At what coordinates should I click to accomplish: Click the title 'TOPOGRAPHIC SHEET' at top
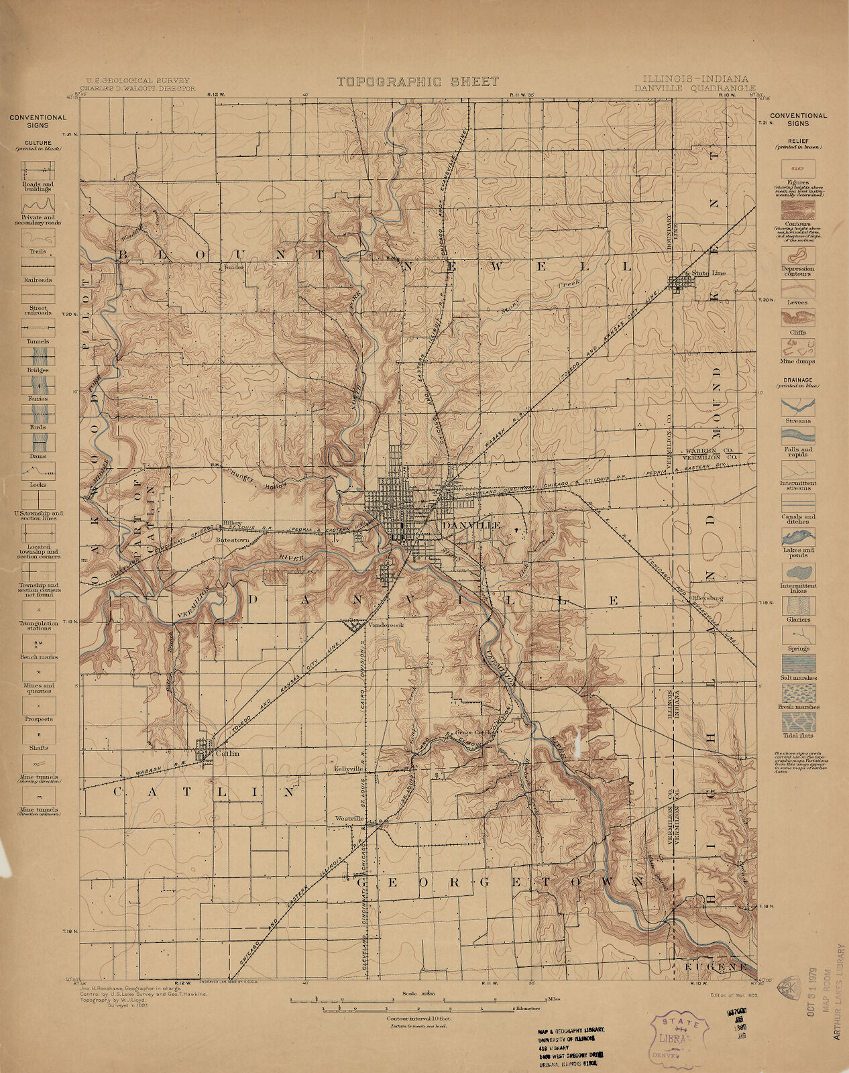418,82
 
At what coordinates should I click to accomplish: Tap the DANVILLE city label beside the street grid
471,526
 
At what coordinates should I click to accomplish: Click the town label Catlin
227,753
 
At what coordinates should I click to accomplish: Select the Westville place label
349,819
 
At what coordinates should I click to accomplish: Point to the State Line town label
709,274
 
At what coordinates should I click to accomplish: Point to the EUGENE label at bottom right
716,967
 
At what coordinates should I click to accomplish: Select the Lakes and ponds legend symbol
797,536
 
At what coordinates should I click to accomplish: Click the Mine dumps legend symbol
797,347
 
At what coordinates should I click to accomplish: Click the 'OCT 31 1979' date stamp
812,993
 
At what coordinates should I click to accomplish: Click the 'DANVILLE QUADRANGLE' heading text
694,88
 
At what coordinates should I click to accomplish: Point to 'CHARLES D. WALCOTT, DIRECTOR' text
137,88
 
